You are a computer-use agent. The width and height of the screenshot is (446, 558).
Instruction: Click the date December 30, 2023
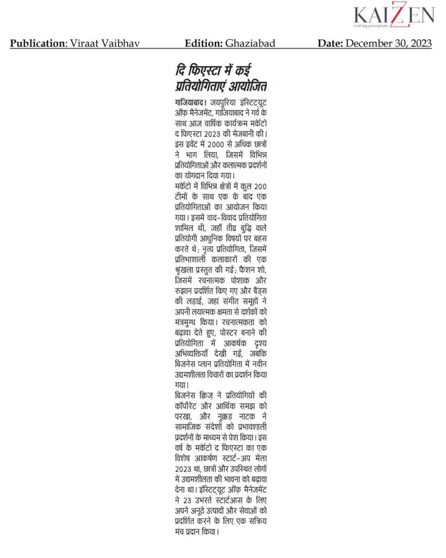(389, 43)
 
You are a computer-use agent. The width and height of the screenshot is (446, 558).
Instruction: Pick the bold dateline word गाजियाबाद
(190, 102)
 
